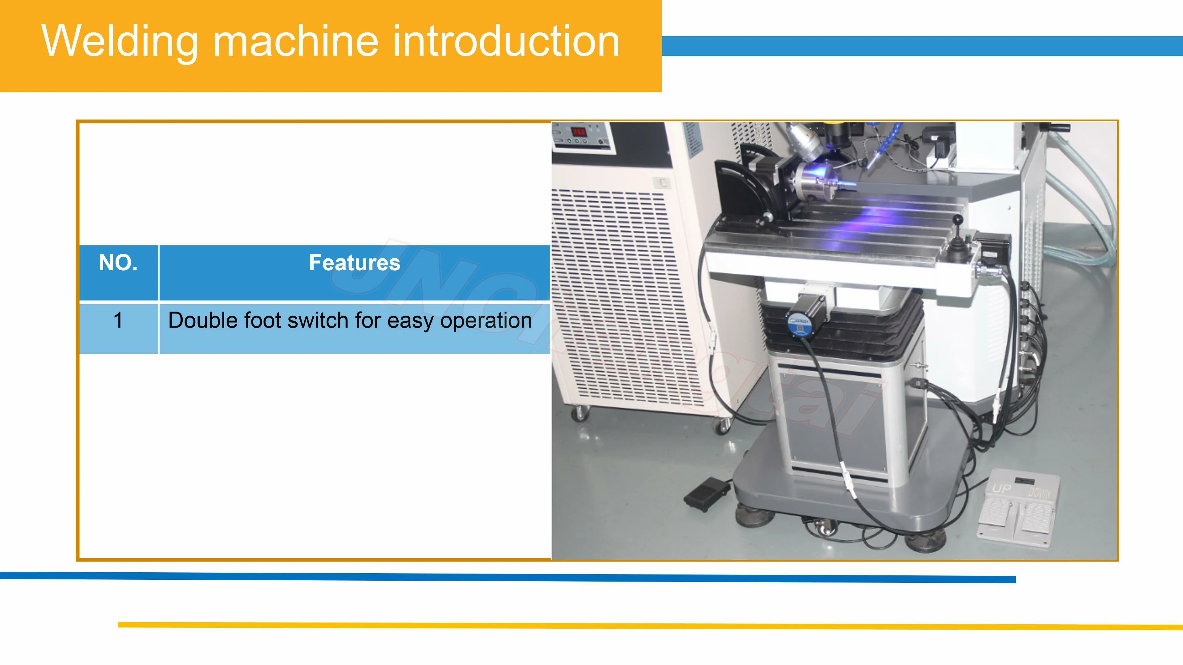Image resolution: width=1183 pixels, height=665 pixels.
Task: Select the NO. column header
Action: point(119,263)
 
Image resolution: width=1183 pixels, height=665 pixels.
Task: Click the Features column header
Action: point(355,263)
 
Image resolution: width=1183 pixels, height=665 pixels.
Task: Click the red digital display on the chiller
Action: point(578,132)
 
